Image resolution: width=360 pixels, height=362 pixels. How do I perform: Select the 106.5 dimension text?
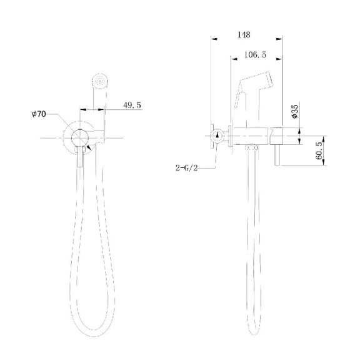pos(254,55)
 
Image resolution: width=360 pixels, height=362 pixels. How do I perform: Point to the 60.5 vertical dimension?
pos(319,150)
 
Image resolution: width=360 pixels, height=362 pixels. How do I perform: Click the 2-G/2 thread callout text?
pos(188,167)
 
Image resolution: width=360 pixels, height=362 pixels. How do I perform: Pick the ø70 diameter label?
pos(40,114)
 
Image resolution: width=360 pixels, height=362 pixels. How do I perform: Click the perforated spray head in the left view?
pos(98,81)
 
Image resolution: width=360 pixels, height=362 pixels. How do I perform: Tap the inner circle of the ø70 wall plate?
pos(79,137)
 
